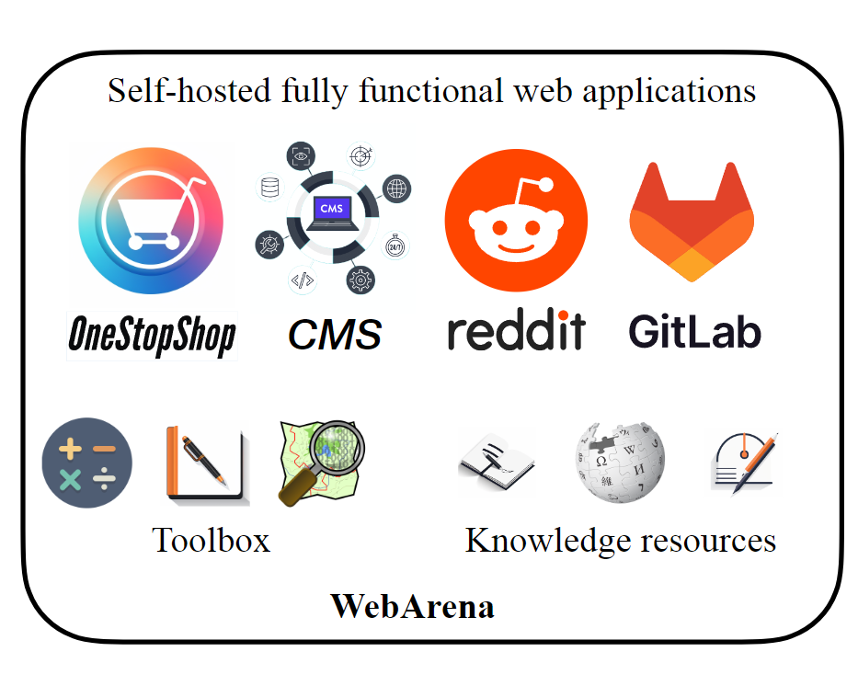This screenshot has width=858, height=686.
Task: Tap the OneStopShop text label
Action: [152, 337]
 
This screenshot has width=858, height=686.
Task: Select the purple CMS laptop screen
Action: [332, 210]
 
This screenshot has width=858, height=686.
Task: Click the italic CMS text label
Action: [334, 334]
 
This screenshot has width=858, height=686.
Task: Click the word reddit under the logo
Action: [516, 331]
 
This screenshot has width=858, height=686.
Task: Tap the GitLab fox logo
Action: [692, 221]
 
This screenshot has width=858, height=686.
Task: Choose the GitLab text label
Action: [695, 330]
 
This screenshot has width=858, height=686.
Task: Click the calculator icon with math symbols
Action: [87, 463]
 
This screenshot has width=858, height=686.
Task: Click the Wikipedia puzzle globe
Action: [620, 463]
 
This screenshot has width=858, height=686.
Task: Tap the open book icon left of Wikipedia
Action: [497, 463]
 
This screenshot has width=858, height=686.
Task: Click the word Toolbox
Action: [211, 540]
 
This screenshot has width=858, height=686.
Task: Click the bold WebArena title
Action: [413, 606]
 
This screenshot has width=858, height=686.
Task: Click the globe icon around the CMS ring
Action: [396, 189]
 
